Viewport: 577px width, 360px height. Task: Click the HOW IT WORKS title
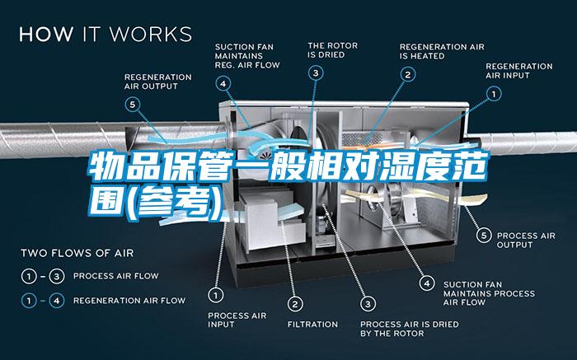(x=106, y=34)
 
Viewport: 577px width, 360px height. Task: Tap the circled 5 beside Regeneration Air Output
(x=133, y=105)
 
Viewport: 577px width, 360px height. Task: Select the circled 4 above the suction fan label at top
(x=223, y=84)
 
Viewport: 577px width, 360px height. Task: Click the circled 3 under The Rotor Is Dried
(x=316, y=73)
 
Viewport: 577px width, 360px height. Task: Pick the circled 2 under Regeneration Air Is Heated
(x=408, y=75)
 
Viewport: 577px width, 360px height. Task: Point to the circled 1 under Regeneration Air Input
(x=494, y=94)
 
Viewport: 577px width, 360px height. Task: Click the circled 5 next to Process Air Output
(x=484, y=236)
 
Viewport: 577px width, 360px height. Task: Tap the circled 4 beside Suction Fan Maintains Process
(x=427, y=283)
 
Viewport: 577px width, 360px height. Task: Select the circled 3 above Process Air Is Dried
(x=368, y=304)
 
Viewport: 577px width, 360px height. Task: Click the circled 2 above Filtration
(x=295, y=304)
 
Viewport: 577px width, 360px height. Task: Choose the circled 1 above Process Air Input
(x=216, y=295)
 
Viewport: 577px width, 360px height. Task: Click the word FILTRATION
(x=312, y=325)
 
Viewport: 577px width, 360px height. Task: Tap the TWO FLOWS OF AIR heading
(x=77, y=253)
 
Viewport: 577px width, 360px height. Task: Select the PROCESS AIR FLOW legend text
(x=116, y=276)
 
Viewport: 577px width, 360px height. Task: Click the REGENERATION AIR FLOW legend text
(x=129, y=301)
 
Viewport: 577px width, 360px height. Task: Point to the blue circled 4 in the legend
(x=57, y=301)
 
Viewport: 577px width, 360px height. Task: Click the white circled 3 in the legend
(x=57, y=276)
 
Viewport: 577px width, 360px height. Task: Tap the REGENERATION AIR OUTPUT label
(x=158, y=82)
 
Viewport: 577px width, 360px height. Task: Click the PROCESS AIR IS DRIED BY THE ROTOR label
(x=410, y=329)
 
